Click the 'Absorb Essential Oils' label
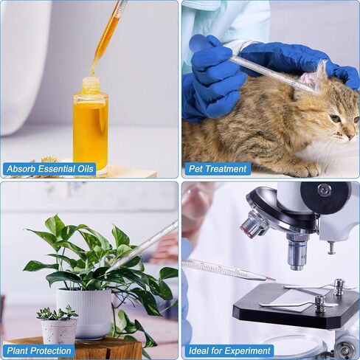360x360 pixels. point(49,169)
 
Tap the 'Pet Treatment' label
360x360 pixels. point(218,169)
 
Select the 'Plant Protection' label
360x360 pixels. point(39,350)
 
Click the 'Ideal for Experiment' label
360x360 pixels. point(229,350)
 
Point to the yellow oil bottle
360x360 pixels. point(91,124)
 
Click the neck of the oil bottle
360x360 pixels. point(91,86)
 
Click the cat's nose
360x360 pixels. point(352,136)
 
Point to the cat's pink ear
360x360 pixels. point(311,79)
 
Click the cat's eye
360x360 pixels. point(336,119)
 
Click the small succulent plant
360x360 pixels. point(57,313)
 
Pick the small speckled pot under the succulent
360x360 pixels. point(59,330)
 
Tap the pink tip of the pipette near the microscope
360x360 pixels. point(270,279)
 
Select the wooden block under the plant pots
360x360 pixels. point(74,348)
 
